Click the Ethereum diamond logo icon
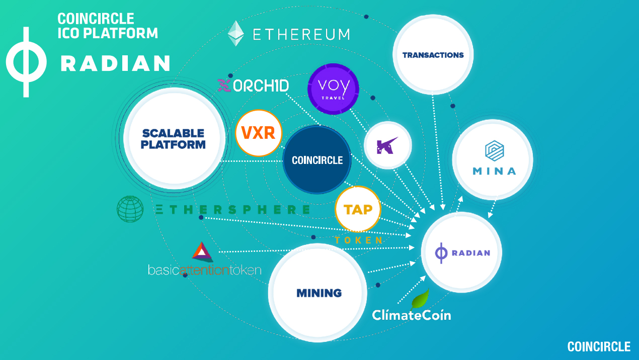point(236,33)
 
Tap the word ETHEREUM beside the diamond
point(301,34)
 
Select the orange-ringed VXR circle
point(258,133)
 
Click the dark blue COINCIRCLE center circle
point(316,160)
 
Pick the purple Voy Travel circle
point(334,89)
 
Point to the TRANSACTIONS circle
point(433,55)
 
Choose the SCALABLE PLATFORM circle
point(174,138)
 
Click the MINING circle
point(319,293)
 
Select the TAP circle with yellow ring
point(358,209)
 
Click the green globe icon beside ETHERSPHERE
point(130,209)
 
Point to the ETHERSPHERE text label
point(232,210)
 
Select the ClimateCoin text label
point(411,315)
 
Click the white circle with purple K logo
point(387,146)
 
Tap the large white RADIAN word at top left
point(115,63)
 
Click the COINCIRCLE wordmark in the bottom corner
point(599,346)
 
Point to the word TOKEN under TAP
point(359,240)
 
